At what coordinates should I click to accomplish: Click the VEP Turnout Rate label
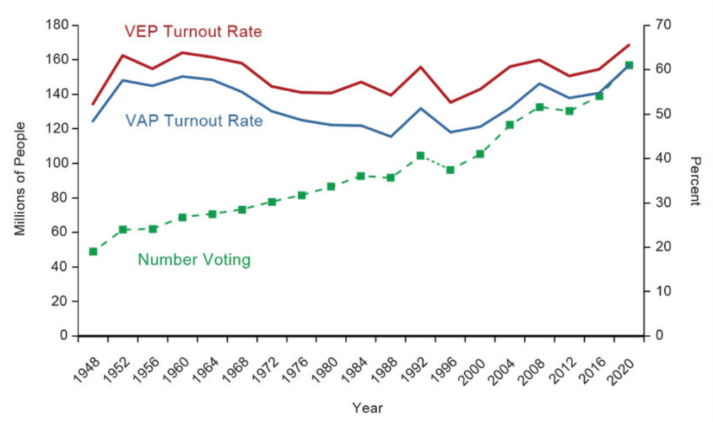(193, 32)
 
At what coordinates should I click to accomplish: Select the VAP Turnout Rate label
(194, 121)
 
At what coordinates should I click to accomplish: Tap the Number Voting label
(194, 260)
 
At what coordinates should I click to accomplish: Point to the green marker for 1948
(93, 251)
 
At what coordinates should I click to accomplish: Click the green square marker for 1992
(420, 156)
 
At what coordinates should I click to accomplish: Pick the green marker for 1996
(450, 170)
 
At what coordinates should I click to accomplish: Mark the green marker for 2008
(539, 107)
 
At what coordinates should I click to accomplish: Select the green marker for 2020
(629, 65)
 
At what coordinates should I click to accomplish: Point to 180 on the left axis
(58, 26)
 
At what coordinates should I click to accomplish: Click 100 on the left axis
(58, 164)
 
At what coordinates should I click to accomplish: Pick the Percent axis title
(694, 180)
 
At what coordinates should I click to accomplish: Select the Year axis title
(367, 408)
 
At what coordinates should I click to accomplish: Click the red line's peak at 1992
(420, 67)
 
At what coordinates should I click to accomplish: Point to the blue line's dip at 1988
(390, 136)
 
